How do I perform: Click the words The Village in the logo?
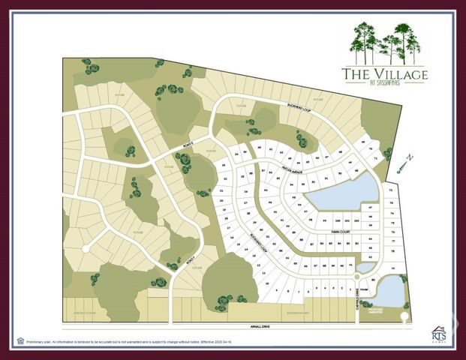[384, 74]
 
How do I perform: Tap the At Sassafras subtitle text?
[385, 84]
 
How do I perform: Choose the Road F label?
[191, 262]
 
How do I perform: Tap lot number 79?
[393, 268]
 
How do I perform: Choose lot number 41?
[351, 265]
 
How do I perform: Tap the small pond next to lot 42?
[365, 267]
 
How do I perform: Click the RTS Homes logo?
[440, 333]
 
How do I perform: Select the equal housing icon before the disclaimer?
[21, 341]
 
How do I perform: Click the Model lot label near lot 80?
[363, 291]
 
